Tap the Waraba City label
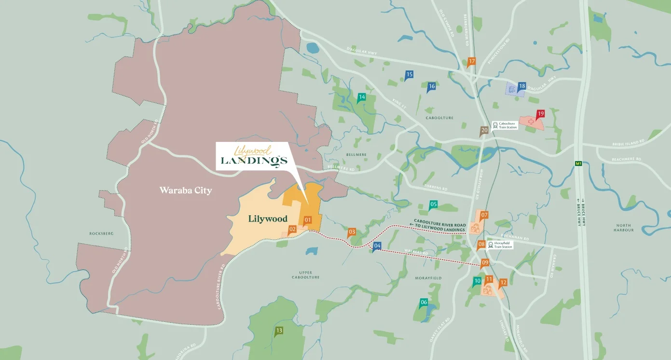tap(186, 191)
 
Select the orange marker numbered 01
tap(307, 220)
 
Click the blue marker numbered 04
tap(377, 246)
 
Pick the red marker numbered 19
tap(540, 114)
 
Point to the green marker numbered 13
tap(279, 331)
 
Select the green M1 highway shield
tap(579, 164)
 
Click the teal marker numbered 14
tap(361, 97)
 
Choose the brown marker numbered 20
tap(484, 130)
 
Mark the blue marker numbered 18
tap(521, 87)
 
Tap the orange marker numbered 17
tap(471, 62)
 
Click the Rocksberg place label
tap(101, 234)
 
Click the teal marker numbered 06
tap(424, 303)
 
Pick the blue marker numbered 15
tap(409, 75)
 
